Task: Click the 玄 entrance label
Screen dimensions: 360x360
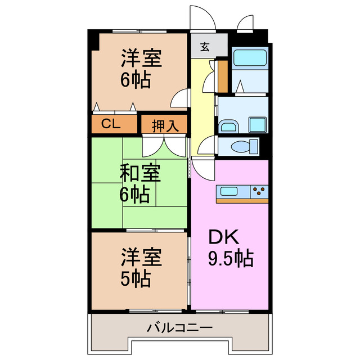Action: tap(205, 47)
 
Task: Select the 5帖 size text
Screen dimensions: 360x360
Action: tap(134, 279)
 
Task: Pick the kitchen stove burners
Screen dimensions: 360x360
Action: tap(259, 191)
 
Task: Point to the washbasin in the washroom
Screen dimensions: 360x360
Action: tap(228, 125)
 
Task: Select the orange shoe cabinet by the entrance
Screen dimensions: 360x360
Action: tap(223, 76)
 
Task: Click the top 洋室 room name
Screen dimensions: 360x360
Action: tap(141, 58)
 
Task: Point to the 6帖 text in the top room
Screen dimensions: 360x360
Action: tap(135, 80)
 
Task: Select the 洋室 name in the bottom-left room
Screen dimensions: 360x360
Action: tap(141, 258)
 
